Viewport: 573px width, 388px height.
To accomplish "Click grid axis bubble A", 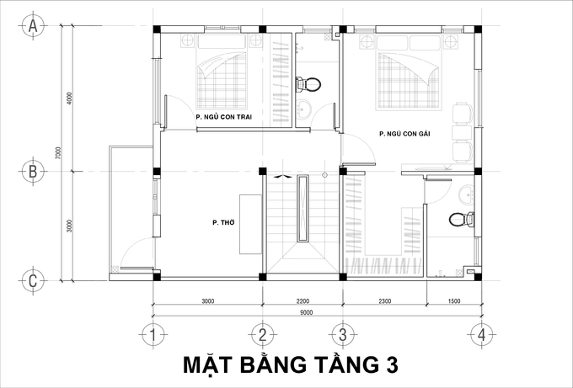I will (33, 26).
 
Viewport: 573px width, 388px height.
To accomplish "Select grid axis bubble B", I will (33, 171).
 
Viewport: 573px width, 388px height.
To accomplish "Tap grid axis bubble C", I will (33, 280).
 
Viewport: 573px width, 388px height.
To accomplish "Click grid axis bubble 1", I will (153, 334).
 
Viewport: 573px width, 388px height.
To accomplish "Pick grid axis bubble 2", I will (262, 334).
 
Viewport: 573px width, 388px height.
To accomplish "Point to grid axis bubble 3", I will (342, 334).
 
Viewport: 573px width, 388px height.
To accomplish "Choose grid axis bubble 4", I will (481, 334).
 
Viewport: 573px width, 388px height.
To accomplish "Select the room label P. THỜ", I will (222, 223).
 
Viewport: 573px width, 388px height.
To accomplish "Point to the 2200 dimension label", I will (302, 300).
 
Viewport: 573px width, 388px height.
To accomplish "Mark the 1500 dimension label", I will (453, 300).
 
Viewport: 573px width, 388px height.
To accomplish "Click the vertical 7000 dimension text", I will (58, 155).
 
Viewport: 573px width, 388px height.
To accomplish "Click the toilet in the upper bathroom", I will (310, 84).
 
